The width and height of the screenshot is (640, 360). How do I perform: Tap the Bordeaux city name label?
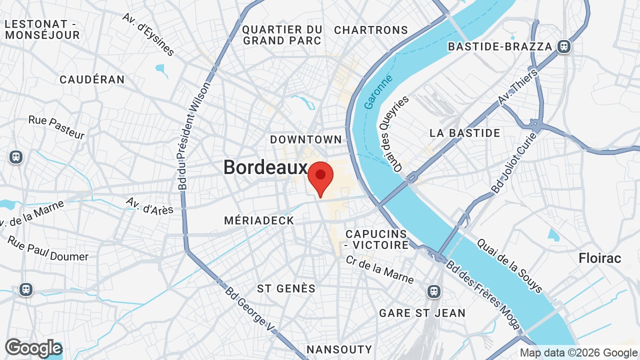pyautogui.click(x=265, y=167)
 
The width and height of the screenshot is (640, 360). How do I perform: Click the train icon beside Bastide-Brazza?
pyautogui.click(x=564, y=46)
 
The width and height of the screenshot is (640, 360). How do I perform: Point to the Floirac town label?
pyautogui.click(x=599, y=258)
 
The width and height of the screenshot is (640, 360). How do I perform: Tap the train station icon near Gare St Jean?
pyautogui.click(x=434, y=291)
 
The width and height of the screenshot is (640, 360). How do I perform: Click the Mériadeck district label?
pyautogui.click(x=259, y=220)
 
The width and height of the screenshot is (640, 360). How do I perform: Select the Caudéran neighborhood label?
pyautogui.click(x=92, y=79)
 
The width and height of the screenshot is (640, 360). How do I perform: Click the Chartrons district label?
pyautogui.click(x=371, y=30)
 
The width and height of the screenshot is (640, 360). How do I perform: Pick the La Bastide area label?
pyautogui.click(x=464, y=133)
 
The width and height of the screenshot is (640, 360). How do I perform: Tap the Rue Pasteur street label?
pyautogui.click(x=56, y=127)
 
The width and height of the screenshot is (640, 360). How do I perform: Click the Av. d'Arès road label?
pyautogui.click(x=149, y=205)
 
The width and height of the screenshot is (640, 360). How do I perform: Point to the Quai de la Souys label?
pyautogui.click(x=509, y=265)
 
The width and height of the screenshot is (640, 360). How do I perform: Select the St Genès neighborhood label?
pyautogui.click(x=286, y=288)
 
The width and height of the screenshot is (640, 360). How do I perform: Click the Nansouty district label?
pyautogui.click(x=339, y=349)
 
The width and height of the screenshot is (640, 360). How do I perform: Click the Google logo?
pyautogui.click(x=33, y=348)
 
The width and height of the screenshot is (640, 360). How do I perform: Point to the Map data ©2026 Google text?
pyautogui.click(x=578, y=353)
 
